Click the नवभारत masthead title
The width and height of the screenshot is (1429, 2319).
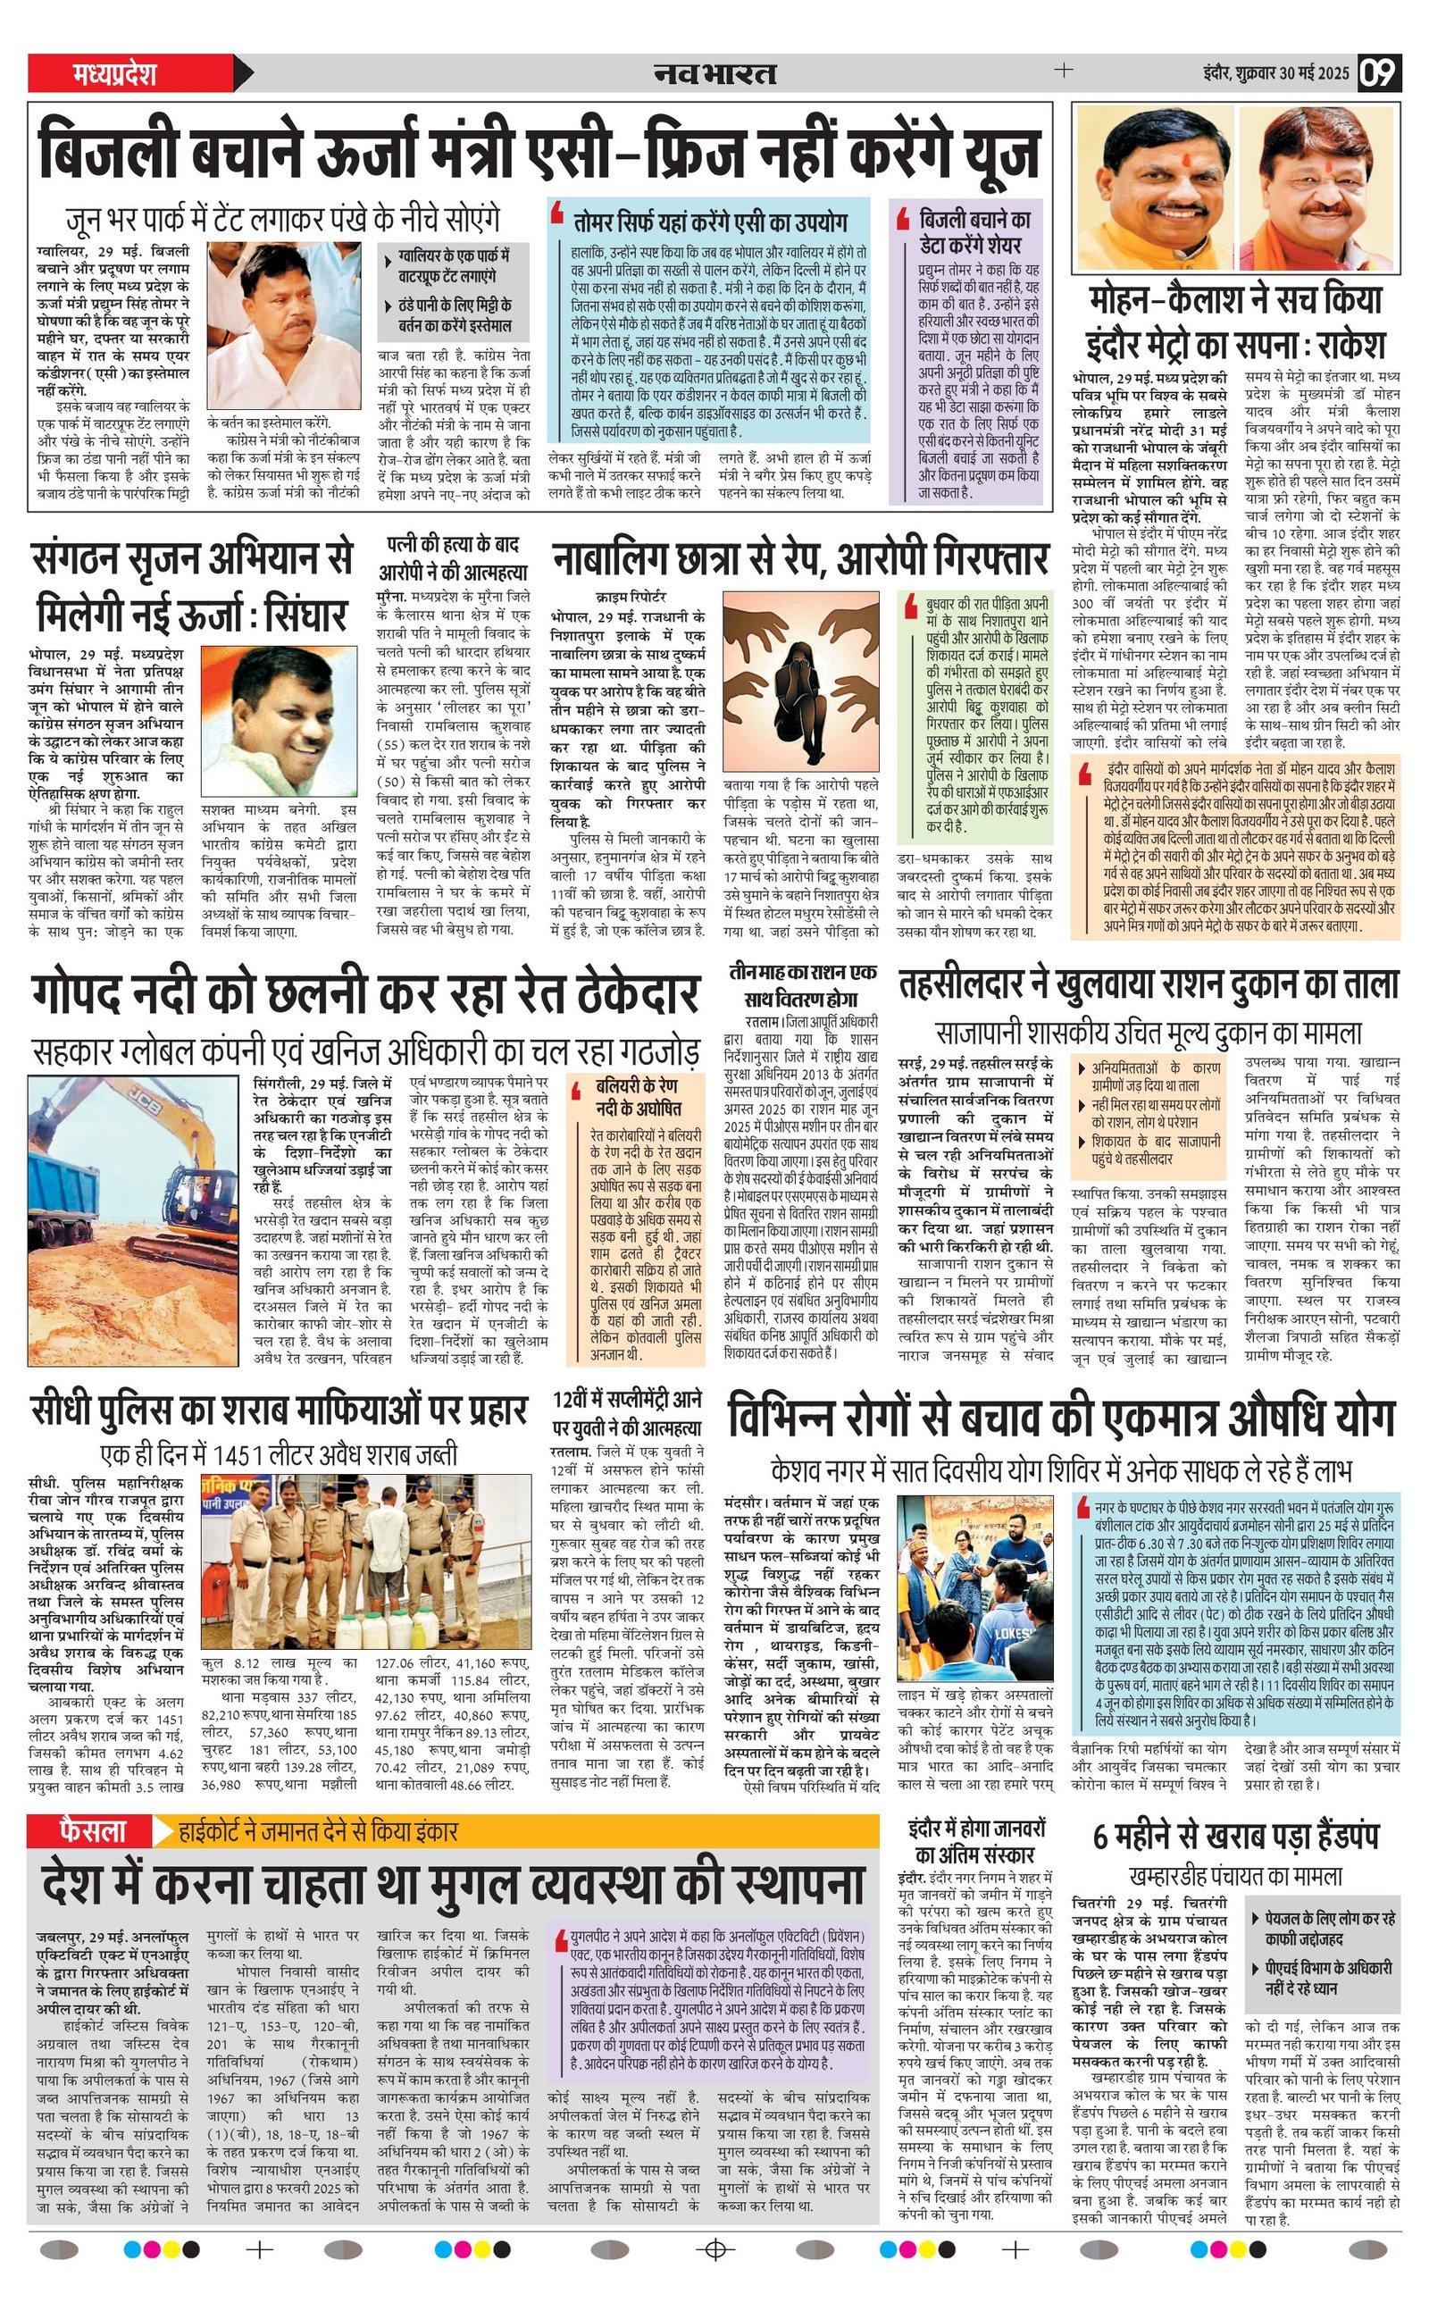[714, 74]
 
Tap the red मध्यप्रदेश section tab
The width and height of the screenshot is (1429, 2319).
[115, 74]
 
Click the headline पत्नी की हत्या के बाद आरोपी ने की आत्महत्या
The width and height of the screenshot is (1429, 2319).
[453, 558]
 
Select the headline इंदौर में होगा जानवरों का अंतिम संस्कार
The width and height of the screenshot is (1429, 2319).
[976, 1840]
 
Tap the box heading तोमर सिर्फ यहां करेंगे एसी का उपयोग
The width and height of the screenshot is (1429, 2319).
[710, 223]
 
